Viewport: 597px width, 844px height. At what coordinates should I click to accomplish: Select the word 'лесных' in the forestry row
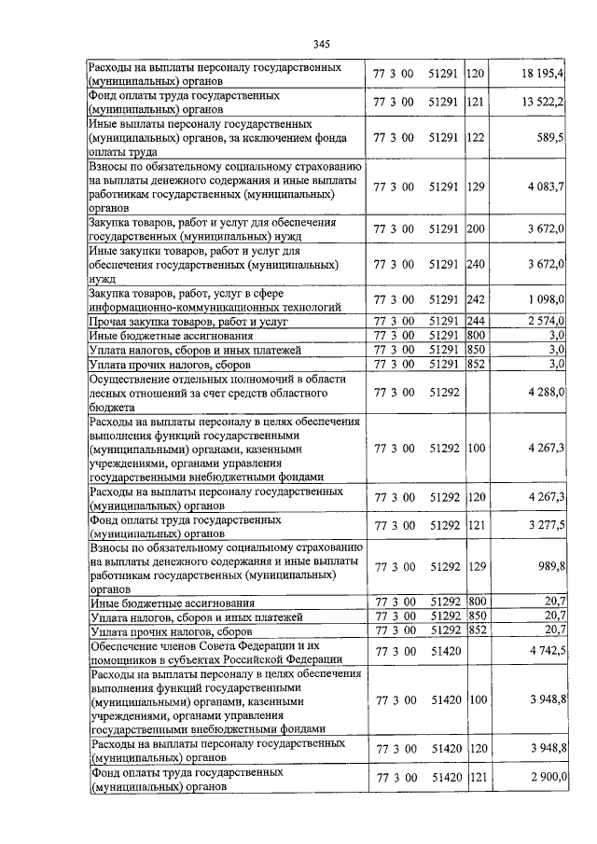tap(107, 394)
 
